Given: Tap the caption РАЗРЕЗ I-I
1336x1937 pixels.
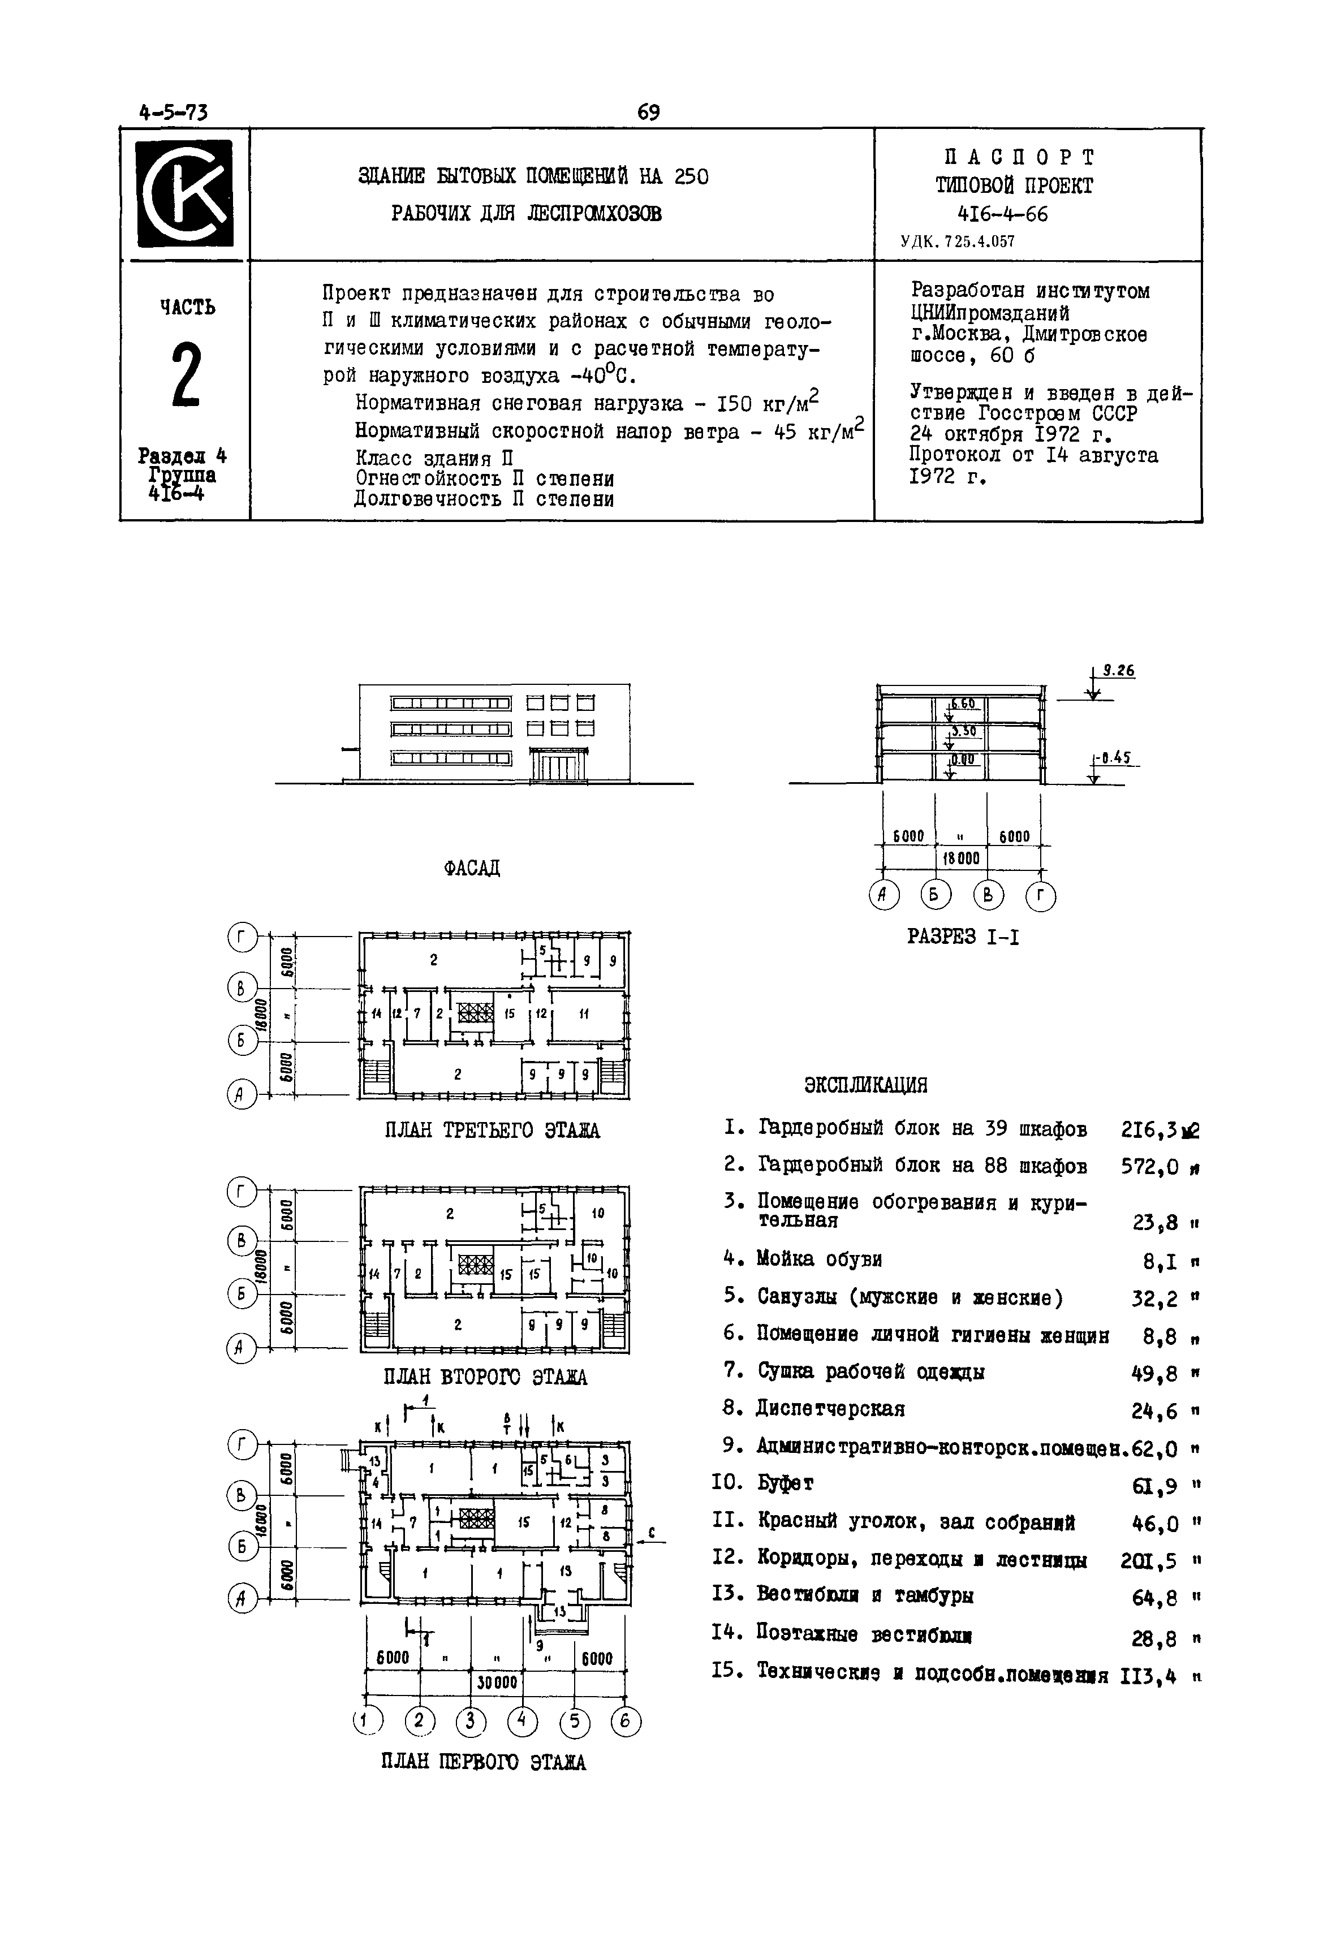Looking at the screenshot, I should pyautogui.click(x=963, y=937).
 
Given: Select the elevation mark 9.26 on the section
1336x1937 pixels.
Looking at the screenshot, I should pyautogui.click(x=1118, y=671).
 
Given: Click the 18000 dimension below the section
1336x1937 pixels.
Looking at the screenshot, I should pyautogui.click(x=962, y=859).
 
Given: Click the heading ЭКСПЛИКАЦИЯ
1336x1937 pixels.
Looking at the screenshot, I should pyautogui.click(x=865, y=1086).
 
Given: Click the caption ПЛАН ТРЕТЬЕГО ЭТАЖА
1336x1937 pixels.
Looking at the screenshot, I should pyautogui.click(x=492, y=1131).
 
